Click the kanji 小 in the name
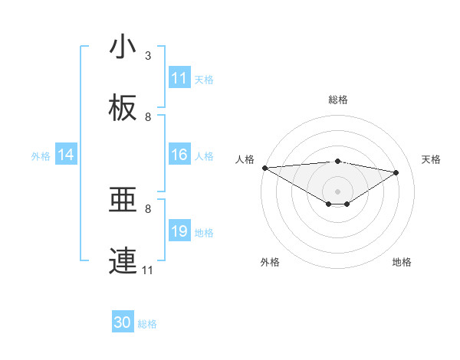coord(123,47)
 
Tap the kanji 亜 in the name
coord(123,201)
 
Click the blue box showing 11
coord(179,78)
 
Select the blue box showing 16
coord(179,155)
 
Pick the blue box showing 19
coord(179,231)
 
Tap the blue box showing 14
coord(66,155)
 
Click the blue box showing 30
coord(123,322)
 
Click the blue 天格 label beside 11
coord(204,79)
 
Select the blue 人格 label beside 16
coord(204,155)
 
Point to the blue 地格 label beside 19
coord(204,232)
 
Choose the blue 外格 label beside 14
coord(41,155)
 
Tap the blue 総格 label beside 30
coord(147,323)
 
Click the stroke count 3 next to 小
coord(148,56)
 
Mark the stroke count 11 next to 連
coord(148,270)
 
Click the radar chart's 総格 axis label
coord(337,100)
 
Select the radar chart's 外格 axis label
coord(270,262)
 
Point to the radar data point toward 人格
coord(264,168)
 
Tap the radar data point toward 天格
coord(396,172)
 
